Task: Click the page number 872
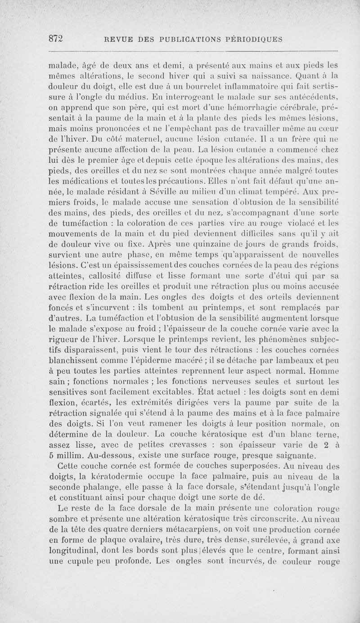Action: (x=57, y=39)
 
